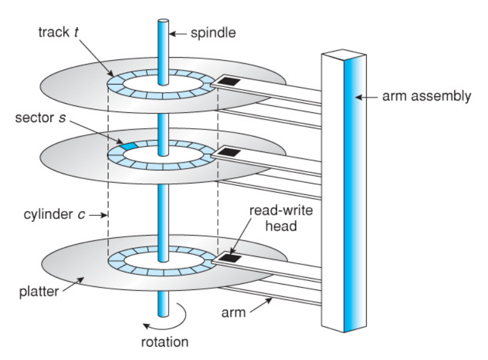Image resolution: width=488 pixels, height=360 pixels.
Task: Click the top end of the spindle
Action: pyautogui.click(x=164, y=21)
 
